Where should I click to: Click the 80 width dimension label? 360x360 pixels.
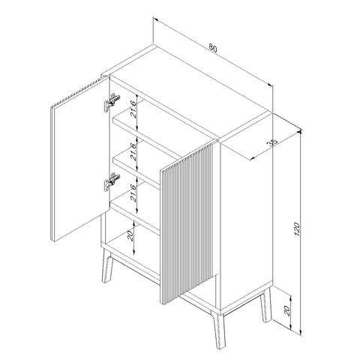pos(213,48)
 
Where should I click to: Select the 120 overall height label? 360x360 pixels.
pos(297,229)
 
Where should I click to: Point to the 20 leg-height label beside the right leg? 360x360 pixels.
pos(287,310)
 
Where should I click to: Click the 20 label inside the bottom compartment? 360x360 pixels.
pos(130,235)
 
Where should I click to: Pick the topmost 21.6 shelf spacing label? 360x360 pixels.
pos(133,109)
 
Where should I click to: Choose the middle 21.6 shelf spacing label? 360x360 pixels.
pos(133,151)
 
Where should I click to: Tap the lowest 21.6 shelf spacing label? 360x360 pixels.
pos(133,193)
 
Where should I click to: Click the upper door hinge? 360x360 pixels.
pos(112,102)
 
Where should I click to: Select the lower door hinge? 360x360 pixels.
pos(112,181)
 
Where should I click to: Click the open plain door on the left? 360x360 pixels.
pos(80,159)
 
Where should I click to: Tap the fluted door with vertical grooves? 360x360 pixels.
pos(188,223)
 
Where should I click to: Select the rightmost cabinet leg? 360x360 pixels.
pos(265,305)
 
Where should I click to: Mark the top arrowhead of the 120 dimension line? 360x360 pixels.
pos(301,132)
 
